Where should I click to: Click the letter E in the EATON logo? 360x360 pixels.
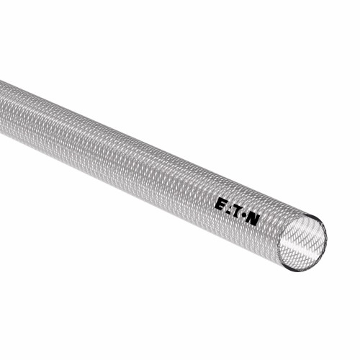[220, 204]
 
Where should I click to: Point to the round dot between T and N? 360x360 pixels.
[244, 215]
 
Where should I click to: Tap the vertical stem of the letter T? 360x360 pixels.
[238, 215]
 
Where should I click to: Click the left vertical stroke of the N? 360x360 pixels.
[248, 218]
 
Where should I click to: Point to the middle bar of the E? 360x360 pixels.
[220, 204]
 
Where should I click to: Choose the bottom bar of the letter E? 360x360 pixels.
[219, 208]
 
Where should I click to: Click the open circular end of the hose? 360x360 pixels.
[302, 243]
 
